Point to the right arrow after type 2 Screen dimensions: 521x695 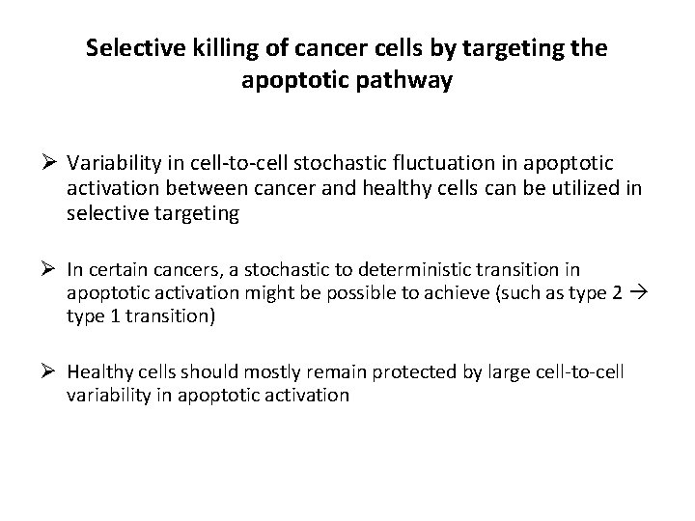click(x=633, y=294)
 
